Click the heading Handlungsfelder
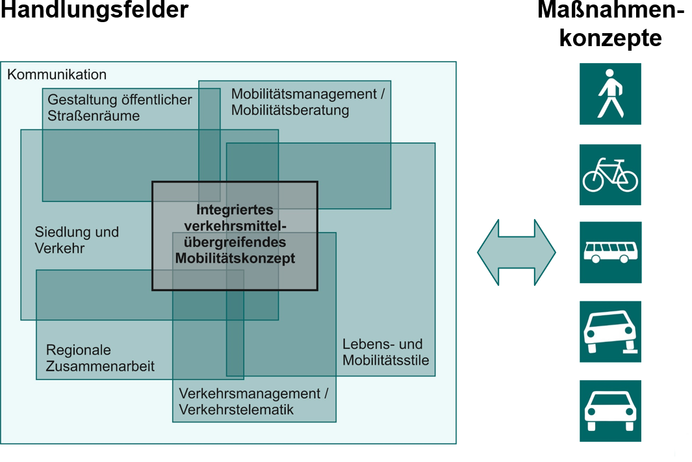[94, 10]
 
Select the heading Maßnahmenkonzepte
[610, 24]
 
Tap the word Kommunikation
[57, 75]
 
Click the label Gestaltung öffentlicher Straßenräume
[120, 108]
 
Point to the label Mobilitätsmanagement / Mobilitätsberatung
[308, 102]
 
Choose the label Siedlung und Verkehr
[77, 240]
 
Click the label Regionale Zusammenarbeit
[100, 358]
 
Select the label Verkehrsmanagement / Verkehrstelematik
[253, 402]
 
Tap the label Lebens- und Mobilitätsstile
[386, 352]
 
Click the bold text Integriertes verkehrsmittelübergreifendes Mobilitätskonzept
[235, 235]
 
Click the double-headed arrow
[517, 252]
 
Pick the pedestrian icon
[610, 94]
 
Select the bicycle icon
[610, 175]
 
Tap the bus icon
[610, 252]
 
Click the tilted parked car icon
[610, 331]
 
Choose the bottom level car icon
[610, 411]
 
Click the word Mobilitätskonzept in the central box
[235, 259]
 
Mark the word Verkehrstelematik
[237, 409]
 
